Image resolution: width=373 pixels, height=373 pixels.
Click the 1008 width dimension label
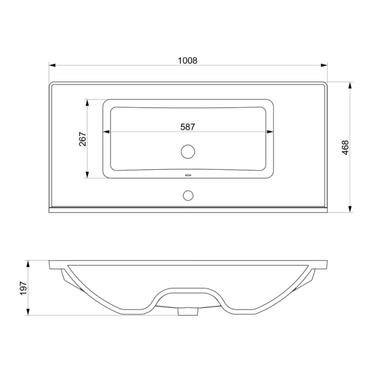(x=188, y=61)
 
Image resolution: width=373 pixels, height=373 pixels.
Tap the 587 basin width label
(x=188, y=127)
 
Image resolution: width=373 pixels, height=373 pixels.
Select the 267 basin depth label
(x=83, y=139)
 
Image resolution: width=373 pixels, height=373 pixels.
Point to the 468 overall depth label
(x=346, y=147)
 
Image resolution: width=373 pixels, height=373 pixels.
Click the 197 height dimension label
(x=24, y=288)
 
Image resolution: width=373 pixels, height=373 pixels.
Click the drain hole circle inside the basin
(x=188, y=152)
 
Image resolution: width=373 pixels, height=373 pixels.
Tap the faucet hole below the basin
(x=188, y=195)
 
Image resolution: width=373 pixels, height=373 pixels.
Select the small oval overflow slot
(x=188, y=175)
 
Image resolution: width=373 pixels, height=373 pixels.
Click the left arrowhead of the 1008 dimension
(x=52, y=65)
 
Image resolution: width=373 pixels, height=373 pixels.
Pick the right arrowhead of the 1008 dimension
(x=324, y=65)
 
